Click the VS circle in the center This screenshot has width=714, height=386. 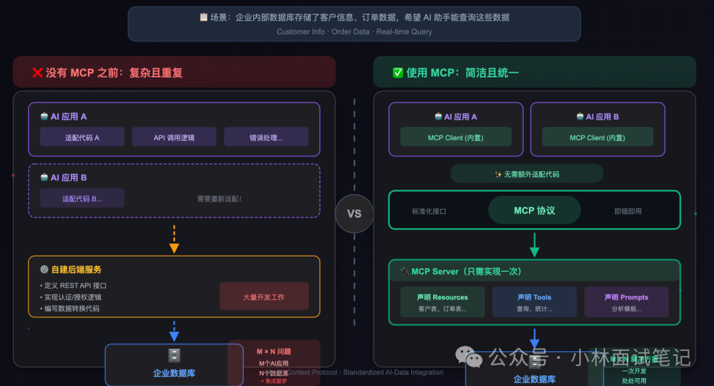354,213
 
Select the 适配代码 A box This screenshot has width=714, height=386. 82,137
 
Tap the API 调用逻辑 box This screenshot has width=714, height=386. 174,137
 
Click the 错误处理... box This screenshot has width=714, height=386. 266,137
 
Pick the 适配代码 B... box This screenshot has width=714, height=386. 82,198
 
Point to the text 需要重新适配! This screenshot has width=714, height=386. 219,198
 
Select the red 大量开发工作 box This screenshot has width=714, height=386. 264,297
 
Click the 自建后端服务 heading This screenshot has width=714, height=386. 76,270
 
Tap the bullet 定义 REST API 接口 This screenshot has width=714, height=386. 75,286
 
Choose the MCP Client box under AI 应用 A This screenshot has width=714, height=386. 456,137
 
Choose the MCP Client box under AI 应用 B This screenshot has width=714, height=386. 597,137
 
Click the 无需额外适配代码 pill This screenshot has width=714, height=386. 526,174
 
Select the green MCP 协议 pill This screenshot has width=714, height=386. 534,211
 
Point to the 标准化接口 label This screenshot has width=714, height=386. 429,212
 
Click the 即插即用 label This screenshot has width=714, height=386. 627,212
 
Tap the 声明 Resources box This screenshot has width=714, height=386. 442,302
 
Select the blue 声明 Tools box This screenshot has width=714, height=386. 534,302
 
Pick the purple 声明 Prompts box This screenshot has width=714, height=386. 626,302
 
